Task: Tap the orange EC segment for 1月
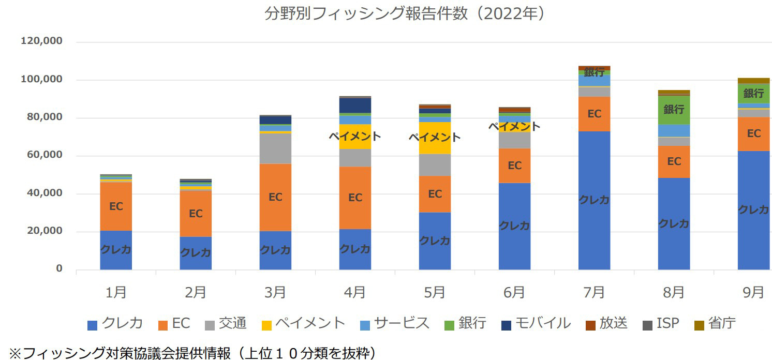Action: click(116, 206)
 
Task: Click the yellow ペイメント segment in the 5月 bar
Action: click(435, 138)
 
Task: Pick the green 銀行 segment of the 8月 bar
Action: click(674, 110)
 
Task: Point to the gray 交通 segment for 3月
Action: click(275, 148)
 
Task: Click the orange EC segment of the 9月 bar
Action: click(753, 133)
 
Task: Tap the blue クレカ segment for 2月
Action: click(196, 253)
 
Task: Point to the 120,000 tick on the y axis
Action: click(41, 41)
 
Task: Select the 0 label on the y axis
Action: click(58, 269)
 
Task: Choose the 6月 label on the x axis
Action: click(514, 292)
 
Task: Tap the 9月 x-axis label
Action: click(753, 292)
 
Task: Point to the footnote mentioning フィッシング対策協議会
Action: click(191, 353)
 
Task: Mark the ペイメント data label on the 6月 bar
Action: click(514, 126)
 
